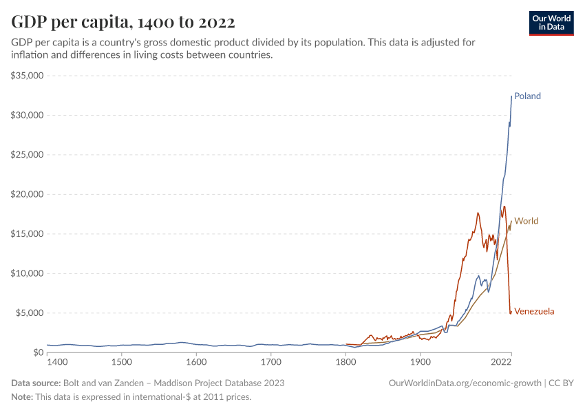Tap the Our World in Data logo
click(x=551, y=23)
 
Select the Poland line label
click(x=528, y=96)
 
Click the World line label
click(x=526, y=222)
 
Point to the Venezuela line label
click(x=534, y=312)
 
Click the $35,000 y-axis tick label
click(x=28, y=75)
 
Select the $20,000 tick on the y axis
click(x=28, y=194)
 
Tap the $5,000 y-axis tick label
click(x=30, y=313)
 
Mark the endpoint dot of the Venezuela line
click(x=511, y=313)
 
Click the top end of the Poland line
click(x=511, y=96)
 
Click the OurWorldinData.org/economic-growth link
click(x=466, y=383)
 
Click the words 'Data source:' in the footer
click(x=36, y=383)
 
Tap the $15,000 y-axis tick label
click(x=28, y=234)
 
